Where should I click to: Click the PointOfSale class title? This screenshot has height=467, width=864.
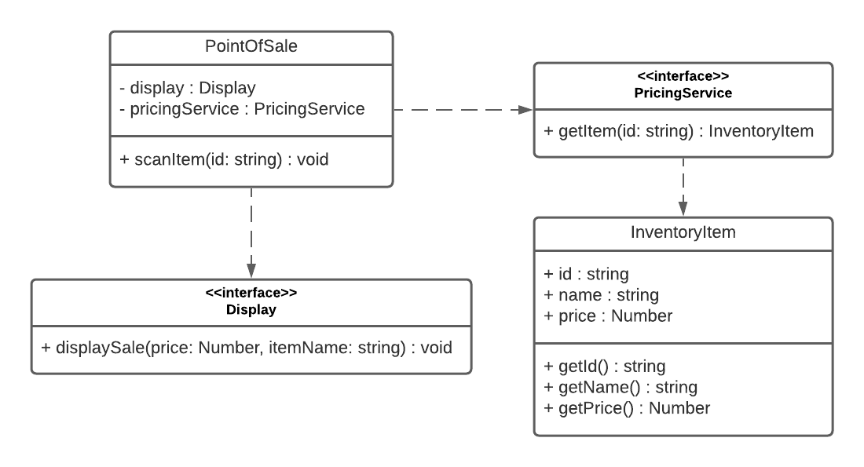[x=251, y=46]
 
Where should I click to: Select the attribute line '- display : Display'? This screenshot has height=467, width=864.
[x=188, y=88]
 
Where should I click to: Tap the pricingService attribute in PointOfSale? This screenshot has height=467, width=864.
[x=242, y=109]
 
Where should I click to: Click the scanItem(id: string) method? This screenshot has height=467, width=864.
[x=224, y=159]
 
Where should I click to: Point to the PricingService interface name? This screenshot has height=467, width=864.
[x=683, y=93]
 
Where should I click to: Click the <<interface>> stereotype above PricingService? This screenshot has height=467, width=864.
[x=683, y=76]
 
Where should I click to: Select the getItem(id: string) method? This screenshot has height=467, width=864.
[x=679, y=131]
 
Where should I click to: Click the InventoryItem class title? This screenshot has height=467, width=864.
[x=683, y=232]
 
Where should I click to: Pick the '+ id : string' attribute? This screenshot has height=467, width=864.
[x=586, y=274]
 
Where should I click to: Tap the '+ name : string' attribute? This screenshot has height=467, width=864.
[x=601, y=295]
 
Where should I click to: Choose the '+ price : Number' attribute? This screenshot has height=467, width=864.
[x=608, y=316]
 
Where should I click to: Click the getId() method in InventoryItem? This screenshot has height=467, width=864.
[x=605, y=367]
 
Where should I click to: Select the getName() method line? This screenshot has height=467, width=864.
[x=621, y=388]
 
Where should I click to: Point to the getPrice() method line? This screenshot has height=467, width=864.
[x=627, y=409]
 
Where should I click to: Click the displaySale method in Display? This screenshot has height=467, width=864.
[x=247, y=348]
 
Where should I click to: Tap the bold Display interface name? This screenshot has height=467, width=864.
[x=251, y=309]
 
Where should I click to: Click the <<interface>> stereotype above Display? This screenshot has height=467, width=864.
[x=251, y=293]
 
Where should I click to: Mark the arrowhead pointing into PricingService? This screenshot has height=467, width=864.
[x=526, y=110]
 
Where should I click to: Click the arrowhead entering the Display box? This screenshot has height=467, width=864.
[x=251, y=271]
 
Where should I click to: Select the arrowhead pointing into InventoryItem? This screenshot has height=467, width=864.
[x=683, y=209]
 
